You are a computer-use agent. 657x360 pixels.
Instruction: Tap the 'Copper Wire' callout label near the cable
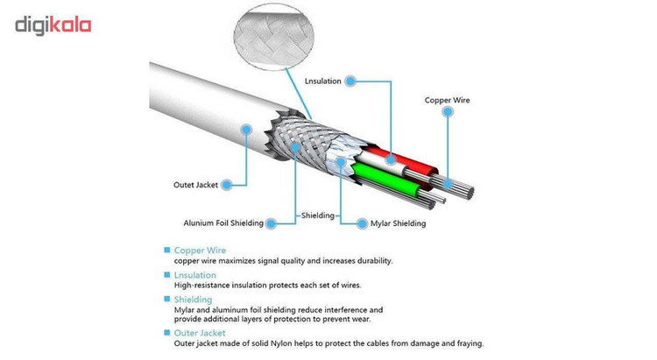click(447, 100)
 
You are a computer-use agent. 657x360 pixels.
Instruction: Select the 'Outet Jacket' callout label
click(196, 185)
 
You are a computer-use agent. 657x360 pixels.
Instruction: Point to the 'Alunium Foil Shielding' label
click(223, 223)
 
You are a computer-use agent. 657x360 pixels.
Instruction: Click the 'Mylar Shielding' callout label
click(398, 223)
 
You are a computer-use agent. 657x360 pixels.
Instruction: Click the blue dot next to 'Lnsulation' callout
click(350, 81)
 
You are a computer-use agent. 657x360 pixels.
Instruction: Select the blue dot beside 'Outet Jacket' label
click(227, 185)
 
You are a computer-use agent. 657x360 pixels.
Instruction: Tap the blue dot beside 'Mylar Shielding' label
click(363, 223)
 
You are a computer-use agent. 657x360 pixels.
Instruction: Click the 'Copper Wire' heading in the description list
click(200, 251)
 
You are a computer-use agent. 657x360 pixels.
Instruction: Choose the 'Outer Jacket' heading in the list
click(200, 333)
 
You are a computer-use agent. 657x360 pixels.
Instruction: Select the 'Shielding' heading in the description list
click(193, 300)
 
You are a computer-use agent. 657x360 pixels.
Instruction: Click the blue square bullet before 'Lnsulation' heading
click(166, 275)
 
